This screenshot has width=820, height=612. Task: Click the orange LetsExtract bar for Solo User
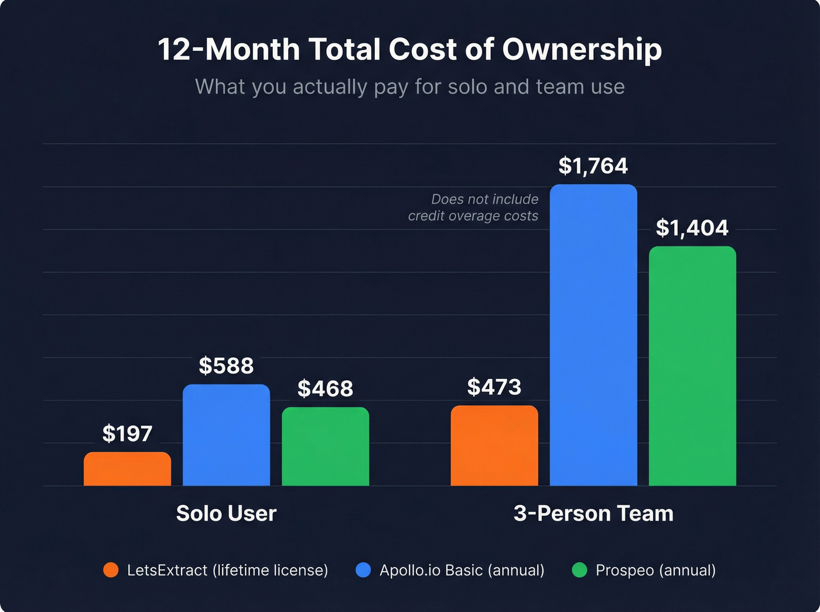127,469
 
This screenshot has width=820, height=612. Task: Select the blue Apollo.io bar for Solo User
226,435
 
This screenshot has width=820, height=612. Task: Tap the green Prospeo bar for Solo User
325,446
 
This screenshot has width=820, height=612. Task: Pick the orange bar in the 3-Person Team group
494,446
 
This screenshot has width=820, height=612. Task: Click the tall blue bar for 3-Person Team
593,335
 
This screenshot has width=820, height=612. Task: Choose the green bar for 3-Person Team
692,366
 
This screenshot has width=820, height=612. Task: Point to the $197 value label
127,434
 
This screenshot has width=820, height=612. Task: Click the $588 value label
226,366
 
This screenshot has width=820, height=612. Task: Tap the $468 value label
325,389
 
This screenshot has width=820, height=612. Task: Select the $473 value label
494,387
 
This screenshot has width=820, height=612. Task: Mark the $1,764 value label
593,166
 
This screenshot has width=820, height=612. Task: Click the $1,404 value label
692,228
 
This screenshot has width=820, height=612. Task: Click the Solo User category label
226,514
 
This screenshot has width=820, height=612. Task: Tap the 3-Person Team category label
593,514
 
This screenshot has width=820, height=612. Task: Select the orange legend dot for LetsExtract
111,570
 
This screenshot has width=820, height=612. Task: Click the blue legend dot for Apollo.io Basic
363,570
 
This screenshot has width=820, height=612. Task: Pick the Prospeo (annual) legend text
655,570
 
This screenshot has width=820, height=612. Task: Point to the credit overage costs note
473,208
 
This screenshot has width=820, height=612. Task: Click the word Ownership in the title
582,49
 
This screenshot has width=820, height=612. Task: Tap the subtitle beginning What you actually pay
410,87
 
